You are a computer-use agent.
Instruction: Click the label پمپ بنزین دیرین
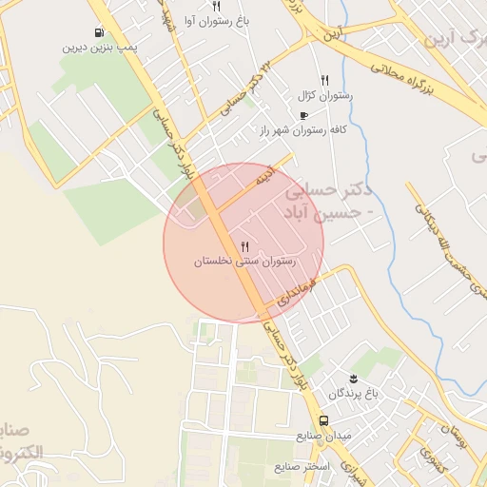[x=101, y=46]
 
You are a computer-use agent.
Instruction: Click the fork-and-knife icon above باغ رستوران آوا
[x=217, y=6]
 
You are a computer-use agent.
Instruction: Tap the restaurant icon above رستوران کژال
[x=324, y=81]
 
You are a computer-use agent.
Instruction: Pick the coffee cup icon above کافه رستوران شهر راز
[x=303, y=115]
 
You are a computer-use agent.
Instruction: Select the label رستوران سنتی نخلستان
[x=245, y=261]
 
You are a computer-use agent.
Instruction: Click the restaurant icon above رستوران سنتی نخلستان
[x=245, y=246]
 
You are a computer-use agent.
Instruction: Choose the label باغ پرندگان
[x=354, y=393]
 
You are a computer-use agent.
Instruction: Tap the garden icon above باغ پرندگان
[x=355, y=378]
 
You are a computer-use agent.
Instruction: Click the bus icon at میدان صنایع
[x=324, y=420]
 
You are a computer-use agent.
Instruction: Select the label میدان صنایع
[x=323, y=436]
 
